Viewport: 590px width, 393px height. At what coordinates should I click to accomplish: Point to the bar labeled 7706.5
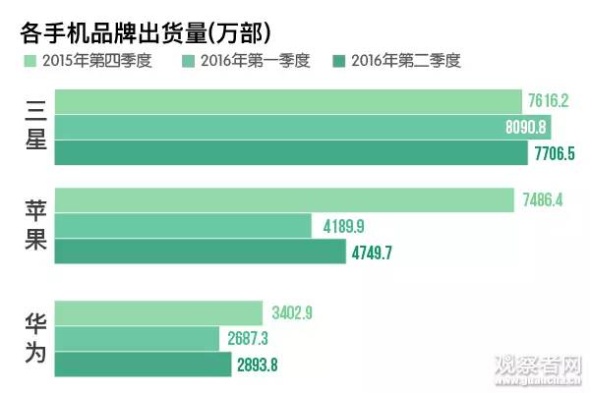click(290, 152)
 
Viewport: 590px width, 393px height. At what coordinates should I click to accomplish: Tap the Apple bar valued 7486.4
click(283, 200)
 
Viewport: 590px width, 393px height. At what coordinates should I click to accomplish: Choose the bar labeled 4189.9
click(182, 226)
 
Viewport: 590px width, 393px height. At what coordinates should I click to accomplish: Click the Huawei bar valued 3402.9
click(160, 314)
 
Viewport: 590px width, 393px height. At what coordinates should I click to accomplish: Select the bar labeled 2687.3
click(137, 339)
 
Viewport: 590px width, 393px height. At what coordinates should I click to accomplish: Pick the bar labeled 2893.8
click(143, 365)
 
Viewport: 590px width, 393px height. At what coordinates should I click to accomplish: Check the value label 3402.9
click(301, 315)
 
